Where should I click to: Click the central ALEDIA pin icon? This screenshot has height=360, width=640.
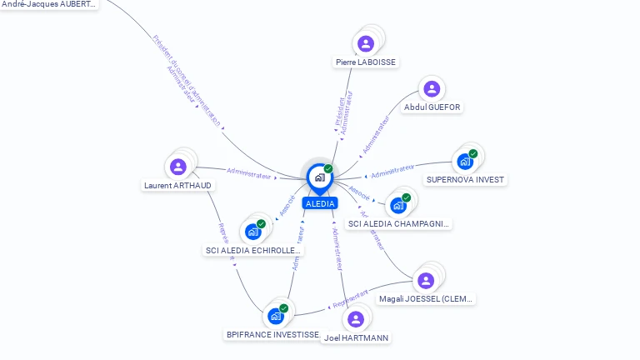pos(318,177)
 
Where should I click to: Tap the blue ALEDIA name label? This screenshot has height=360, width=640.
pos(320,203)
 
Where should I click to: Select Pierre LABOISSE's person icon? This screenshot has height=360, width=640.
pos(365,43)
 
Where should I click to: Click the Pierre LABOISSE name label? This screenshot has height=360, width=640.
pos(366,62)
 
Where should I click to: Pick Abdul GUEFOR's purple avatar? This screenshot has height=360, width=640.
pos(431,89)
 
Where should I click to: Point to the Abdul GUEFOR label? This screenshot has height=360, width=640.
pos(432,107)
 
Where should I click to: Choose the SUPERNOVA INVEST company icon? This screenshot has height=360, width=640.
pos(465,161)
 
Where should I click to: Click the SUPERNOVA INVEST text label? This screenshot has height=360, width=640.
pos(465,180)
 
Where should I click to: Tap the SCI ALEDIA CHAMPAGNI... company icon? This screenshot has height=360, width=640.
pos(398,205)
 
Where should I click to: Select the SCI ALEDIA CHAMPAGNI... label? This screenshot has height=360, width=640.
pos(398,224)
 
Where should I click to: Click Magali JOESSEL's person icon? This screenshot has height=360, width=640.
pos(426,280)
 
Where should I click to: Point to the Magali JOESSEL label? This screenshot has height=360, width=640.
pos(426,299)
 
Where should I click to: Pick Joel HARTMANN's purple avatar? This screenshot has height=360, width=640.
pos(356,319)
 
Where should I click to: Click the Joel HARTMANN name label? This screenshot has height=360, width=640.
pos(356,338)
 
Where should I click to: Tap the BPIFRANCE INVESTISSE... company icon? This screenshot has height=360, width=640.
pos(276,316)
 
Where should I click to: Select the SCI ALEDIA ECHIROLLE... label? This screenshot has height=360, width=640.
pos(253,251)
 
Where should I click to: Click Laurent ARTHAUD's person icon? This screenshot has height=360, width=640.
pos(177,167)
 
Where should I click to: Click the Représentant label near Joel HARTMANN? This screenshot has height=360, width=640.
pos(350,298)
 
